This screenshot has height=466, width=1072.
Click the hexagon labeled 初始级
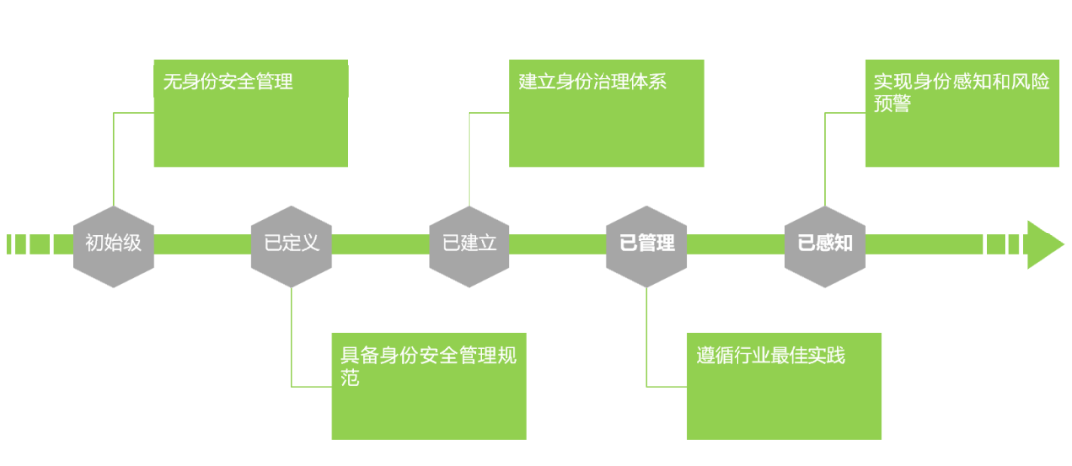113,243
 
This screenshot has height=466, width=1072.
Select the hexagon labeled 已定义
291,243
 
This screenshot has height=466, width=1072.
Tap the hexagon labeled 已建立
469,243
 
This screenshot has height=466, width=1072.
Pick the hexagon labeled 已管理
646,243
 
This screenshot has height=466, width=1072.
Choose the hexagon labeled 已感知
824,243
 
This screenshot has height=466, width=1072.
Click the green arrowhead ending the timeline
1044,244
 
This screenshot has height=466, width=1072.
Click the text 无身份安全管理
228,81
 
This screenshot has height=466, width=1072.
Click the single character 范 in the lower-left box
349,378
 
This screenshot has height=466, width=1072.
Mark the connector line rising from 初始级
113,159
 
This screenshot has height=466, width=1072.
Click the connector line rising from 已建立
469,159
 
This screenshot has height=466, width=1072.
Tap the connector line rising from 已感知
824,159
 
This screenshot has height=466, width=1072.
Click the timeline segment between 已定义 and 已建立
379,244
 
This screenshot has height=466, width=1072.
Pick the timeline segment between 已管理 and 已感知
735,244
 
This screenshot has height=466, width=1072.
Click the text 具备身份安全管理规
429,354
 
